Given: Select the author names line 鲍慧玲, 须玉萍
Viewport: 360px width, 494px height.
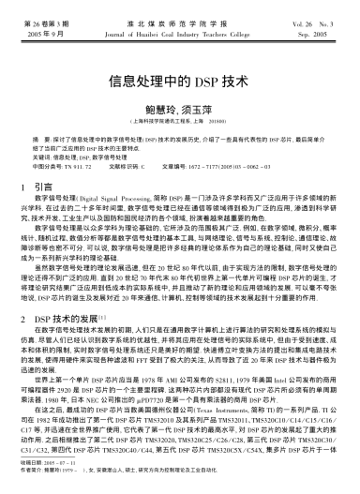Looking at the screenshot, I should click(181, 107).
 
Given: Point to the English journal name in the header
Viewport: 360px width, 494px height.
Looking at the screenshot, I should click(180, 31).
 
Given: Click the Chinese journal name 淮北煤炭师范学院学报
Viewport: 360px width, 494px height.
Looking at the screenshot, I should click(180, 21).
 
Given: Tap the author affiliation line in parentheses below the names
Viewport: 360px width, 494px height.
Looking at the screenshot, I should click(181, 121).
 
